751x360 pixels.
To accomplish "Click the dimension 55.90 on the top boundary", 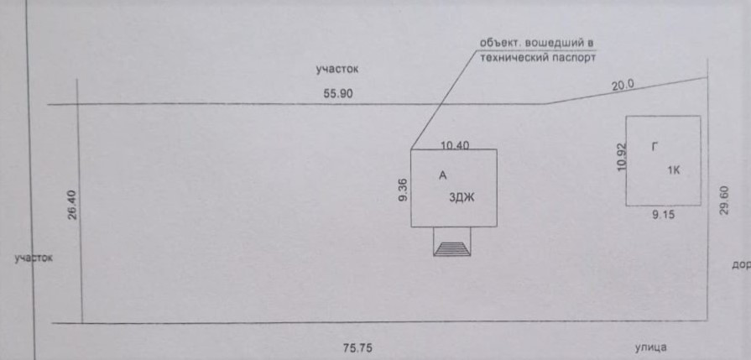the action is (338, 94).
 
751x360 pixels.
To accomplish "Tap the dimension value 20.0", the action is (623, 85).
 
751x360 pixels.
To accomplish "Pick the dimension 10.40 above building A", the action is (455, 145).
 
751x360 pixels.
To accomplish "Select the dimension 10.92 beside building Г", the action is (621, 155).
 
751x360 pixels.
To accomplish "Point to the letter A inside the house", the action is (442, 175).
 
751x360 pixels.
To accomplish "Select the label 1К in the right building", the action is (673, 170).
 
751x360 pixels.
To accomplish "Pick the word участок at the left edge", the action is (34, 258).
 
